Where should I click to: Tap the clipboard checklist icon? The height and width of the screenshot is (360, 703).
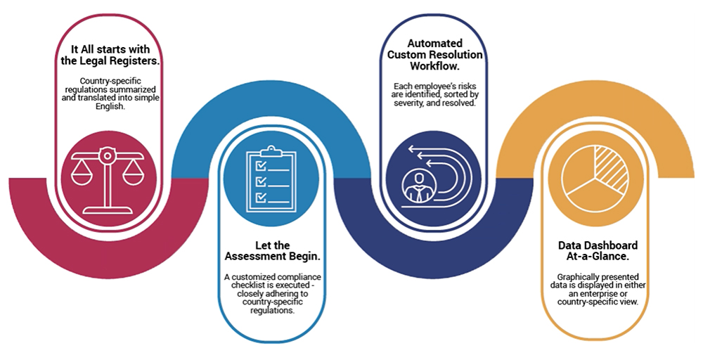(271, 179)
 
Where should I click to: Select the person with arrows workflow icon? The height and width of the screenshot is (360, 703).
(433, 179)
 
